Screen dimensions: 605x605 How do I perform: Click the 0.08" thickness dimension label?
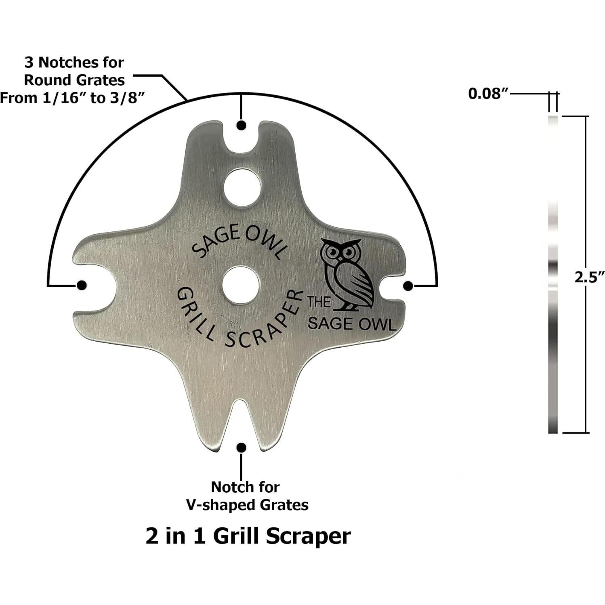pyautogui.click(x=487, y=94)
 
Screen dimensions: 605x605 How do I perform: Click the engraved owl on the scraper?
pyautogui.click(x=346, y=274)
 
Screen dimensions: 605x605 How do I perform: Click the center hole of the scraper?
pyautogui.click(x=240, y=284)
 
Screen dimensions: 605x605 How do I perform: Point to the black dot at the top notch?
pyautogui.click(x=241, y=125)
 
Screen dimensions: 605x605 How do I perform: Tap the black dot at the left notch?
pyautogui.click(x=82, y=285)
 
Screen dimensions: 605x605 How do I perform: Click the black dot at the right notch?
pyautogui.click(x=408, y=286)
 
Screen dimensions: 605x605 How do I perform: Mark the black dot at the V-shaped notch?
pyautogui.click(x=241, y=447)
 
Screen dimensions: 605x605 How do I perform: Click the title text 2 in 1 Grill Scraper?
pyautogui.click(x=248, y=536)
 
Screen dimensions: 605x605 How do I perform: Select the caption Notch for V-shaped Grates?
pyautogui.click(x=246, y=496)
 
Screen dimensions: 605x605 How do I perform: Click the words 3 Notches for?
pyautogui.click(x=74, y=63)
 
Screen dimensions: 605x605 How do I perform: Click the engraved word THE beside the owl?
pyautogui.click(x=319, y=302)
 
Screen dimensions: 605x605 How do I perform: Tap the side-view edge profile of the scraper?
pyautogui.click(x=553, y=275)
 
